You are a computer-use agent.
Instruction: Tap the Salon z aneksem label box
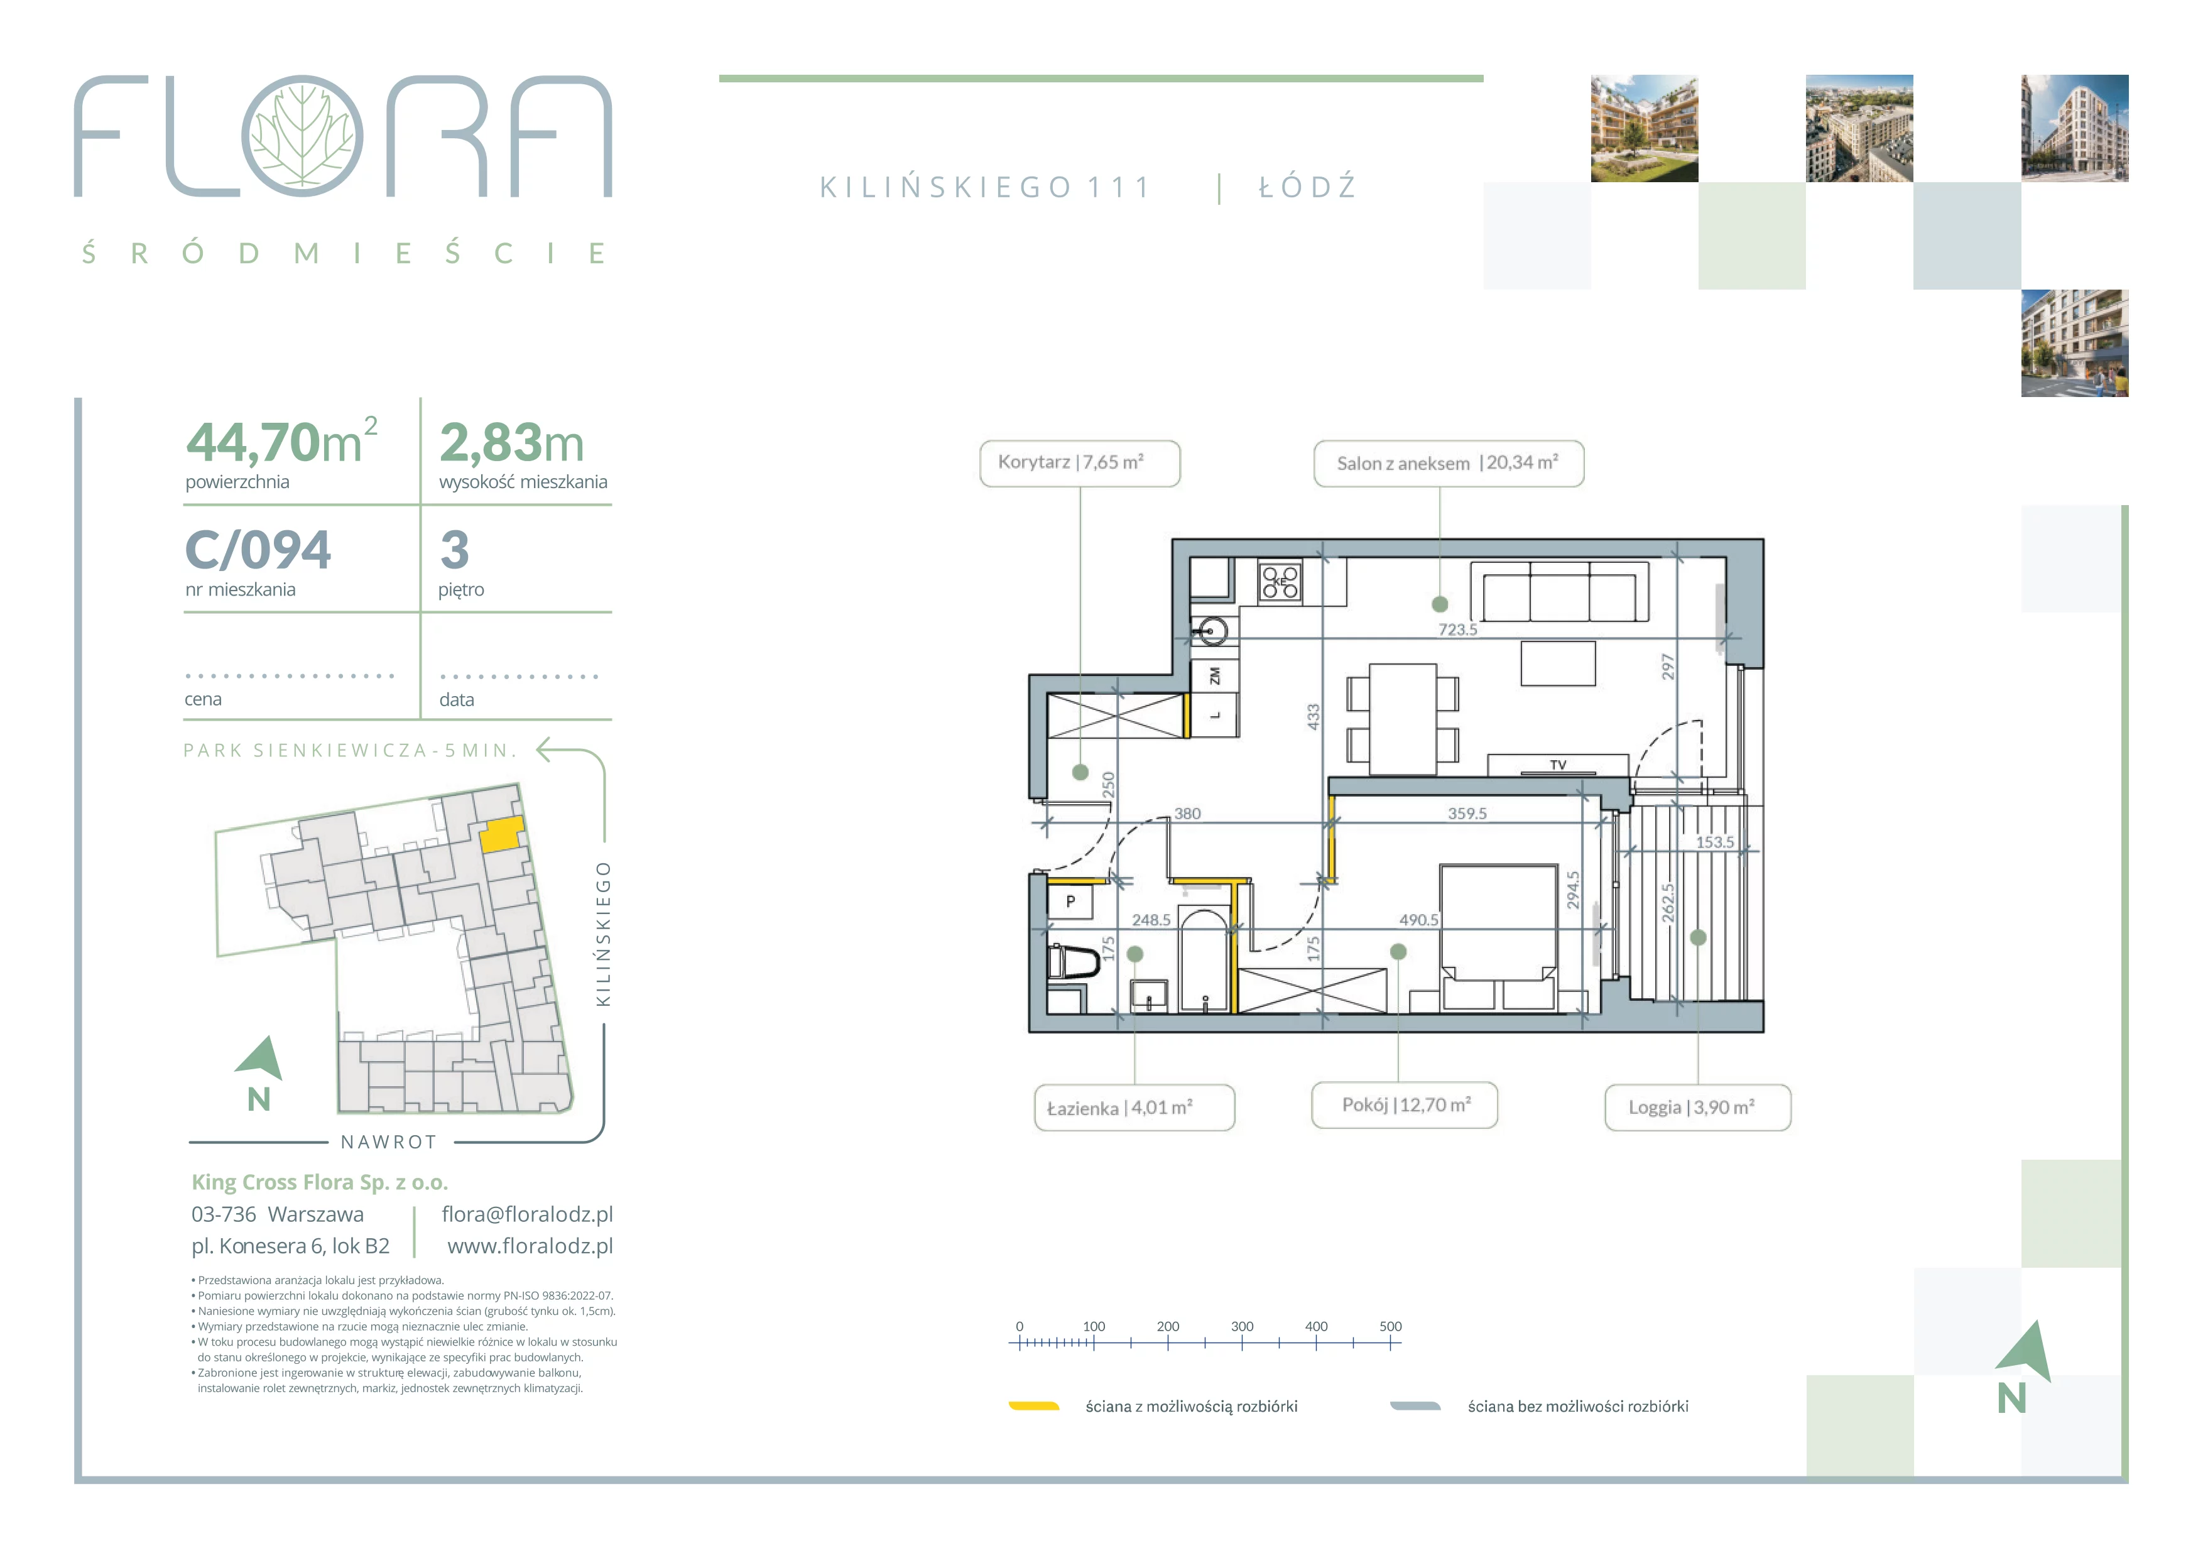click(1448, 464)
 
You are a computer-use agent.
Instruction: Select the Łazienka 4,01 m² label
click(1134, 1108)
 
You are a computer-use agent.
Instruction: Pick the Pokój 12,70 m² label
click(1405, 1105)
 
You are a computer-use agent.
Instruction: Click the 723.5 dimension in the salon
click(1457, 629)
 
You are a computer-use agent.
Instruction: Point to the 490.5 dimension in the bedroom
click(1419, 919)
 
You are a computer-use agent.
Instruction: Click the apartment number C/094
click(257, 550)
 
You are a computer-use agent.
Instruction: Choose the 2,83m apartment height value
click(511, 444)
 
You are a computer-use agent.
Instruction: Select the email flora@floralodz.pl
click(527, 1214)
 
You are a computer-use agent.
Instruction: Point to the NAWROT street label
click(389, 1141)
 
